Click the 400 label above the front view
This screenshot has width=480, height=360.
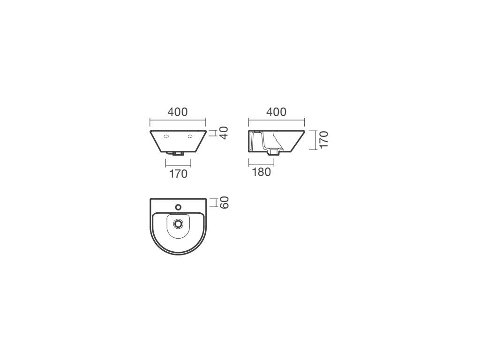178,112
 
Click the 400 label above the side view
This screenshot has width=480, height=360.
277,112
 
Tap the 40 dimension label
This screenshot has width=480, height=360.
224,133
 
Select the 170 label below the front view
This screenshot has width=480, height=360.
178,174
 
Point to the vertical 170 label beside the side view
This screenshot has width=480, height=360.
323,140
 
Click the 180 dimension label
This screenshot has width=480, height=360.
262,172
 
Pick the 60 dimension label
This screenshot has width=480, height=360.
225,202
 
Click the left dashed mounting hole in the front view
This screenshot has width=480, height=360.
166,136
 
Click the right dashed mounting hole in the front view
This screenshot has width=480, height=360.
190,136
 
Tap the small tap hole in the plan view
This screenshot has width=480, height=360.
178,207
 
